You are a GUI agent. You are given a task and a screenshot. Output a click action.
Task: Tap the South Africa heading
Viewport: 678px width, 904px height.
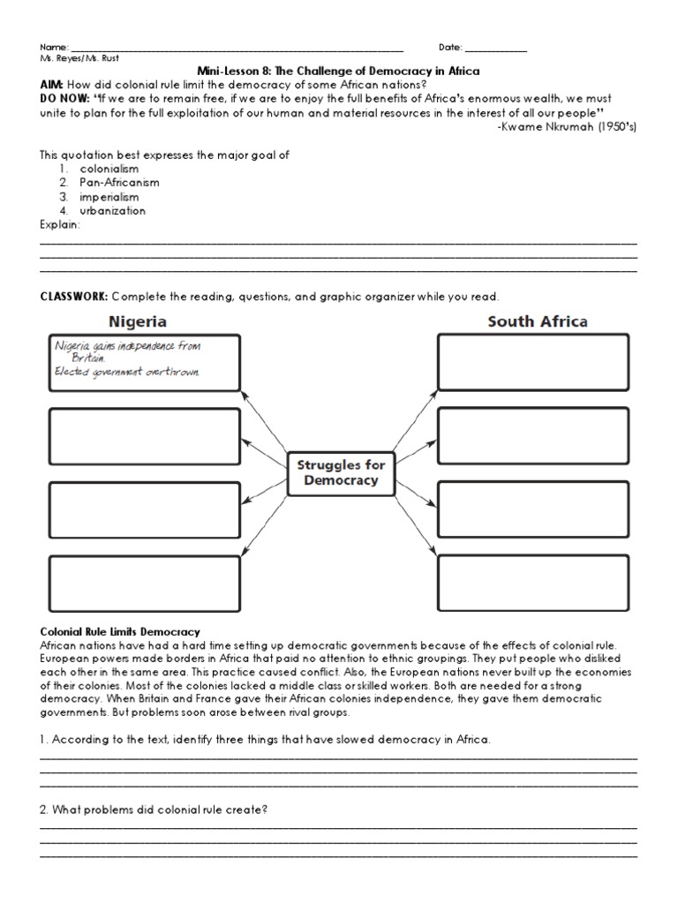(538, 321)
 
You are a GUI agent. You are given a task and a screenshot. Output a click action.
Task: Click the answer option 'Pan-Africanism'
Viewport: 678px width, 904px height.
(119, 183)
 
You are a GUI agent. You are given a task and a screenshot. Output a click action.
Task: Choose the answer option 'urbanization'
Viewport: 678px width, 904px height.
(113, 211)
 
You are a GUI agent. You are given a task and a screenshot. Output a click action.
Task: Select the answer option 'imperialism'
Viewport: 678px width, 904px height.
(109, 197)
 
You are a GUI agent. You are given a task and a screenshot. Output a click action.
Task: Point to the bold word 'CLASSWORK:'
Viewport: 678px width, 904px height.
(73, 297)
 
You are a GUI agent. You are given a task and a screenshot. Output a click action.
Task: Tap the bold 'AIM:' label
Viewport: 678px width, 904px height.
(51, 85)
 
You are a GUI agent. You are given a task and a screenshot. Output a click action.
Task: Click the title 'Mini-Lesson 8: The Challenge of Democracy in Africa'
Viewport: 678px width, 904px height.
(339, 71)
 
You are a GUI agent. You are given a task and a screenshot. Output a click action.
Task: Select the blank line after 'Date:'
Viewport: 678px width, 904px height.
(495, 48)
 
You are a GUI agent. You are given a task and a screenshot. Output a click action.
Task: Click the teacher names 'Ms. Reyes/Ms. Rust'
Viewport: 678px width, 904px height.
(79, 58)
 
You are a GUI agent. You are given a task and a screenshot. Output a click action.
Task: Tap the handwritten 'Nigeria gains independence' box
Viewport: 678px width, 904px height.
(144, 362)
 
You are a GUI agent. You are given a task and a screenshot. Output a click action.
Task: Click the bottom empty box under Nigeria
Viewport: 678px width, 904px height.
(144, 584)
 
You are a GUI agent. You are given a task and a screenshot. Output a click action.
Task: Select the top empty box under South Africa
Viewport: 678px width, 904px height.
(532, 362)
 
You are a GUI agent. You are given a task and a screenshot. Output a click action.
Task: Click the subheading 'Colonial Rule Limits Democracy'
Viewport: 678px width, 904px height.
(119, 631)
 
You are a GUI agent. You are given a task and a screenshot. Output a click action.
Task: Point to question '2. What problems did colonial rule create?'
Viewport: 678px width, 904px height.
(153, 809)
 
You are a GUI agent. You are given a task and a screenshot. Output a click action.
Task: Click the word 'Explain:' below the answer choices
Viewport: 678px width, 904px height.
(59, 225)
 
